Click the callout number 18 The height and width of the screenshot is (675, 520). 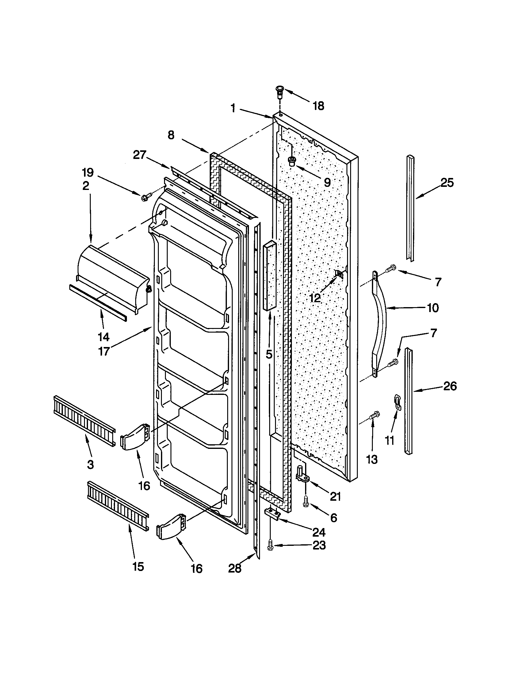318,106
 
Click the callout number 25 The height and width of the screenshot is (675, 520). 447,183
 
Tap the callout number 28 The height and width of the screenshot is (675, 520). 235,568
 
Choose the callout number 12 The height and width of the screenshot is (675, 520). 315,298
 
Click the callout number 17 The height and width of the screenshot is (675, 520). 104,351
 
